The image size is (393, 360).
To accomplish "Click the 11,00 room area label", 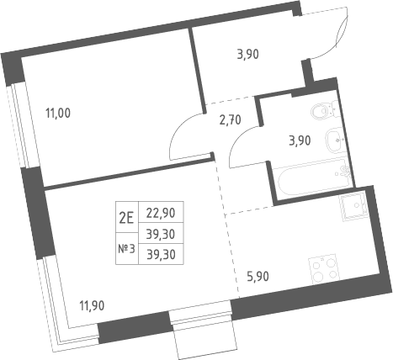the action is [58, 114].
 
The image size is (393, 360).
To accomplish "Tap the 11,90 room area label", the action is [92, 305].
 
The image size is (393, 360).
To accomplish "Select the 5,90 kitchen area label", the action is [258, 277].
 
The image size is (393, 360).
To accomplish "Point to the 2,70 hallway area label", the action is [230, 120].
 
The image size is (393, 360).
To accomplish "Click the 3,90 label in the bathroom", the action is [300, 140].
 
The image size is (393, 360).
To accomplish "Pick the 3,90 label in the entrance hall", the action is [247, 54].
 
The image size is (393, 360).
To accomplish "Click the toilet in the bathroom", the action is [327, 109].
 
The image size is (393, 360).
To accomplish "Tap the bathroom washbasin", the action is [336, 140].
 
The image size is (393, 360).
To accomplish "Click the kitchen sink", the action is [353, 206].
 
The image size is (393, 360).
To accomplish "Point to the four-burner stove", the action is [324, 269].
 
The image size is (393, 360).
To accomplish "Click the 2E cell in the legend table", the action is [127, 217].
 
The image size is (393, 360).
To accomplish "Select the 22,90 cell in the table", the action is [161, 212].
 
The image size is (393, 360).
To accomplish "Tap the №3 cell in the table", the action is [127, 248].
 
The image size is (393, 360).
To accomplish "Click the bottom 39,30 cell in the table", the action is [161, 254].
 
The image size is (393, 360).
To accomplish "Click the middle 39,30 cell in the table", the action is [161, 233].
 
